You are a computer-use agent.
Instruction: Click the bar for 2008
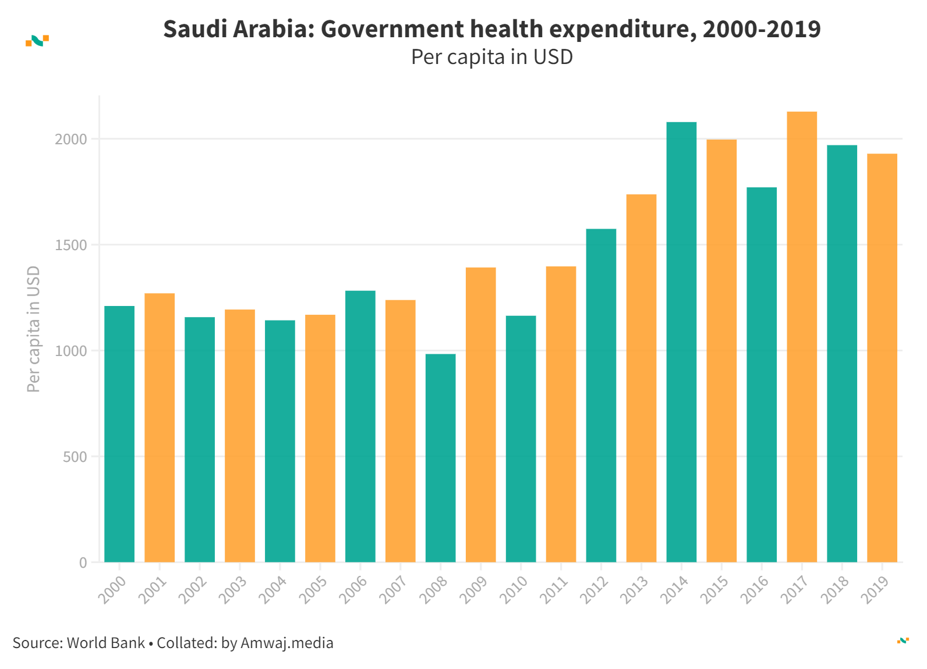440,458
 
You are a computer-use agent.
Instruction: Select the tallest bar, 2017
802,337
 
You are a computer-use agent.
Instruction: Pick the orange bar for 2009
480,415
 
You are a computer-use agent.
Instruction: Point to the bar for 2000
119,434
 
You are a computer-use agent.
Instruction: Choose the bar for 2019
882,358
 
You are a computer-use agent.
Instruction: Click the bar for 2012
601,396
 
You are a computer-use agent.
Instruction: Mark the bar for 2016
762,375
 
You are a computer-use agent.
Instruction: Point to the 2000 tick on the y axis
71,140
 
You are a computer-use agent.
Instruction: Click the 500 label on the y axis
75,457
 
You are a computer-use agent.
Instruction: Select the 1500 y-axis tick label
71,245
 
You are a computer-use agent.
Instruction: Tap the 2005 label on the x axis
313,590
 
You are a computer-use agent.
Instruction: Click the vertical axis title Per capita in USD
34,329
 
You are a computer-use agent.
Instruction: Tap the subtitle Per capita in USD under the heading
492,57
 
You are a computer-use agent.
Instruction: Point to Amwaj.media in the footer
286,643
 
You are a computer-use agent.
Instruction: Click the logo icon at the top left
37,41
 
